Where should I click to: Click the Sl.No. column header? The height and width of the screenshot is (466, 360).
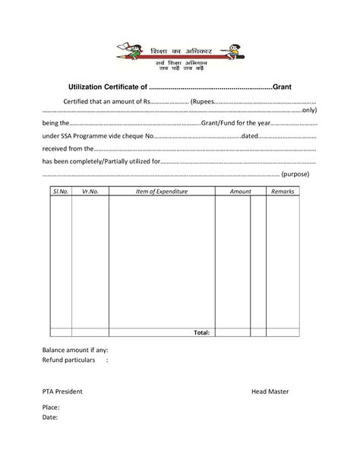[x=61, y=192]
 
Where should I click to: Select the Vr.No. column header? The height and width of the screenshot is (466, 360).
[x=90, y=192]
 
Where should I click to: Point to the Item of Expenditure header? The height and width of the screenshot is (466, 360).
[x=161, y=192]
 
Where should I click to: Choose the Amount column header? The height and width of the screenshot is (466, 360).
[x=241, y=192]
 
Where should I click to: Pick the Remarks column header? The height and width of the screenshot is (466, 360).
[x=283, y=192]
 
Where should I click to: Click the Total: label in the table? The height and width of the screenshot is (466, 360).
[x=201, y=332]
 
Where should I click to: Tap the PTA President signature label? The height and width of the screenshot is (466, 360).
[x=62, y=392]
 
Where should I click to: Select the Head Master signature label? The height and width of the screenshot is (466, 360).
[x=270, y=392]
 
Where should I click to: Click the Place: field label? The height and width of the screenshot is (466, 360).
[x=51, y=407]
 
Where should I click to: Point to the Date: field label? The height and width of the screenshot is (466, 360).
[x=50, y=417]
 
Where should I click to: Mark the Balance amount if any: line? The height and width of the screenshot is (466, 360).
[x=75, y=350]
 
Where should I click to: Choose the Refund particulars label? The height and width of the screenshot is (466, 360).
[x=69, y=360]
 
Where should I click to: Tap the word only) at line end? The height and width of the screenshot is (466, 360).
[x=308, y=110]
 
